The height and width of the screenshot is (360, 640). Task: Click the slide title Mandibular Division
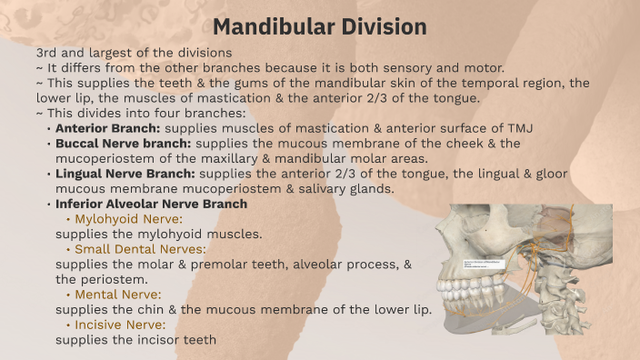click(320, 26)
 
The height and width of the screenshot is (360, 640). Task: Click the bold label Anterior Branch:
click(107, 128)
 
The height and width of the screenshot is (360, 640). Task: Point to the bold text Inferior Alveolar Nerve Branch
click(151, 204)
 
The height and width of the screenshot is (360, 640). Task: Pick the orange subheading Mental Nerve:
click(117, 295)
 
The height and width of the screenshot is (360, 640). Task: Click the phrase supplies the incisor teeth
click(135, 340)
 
